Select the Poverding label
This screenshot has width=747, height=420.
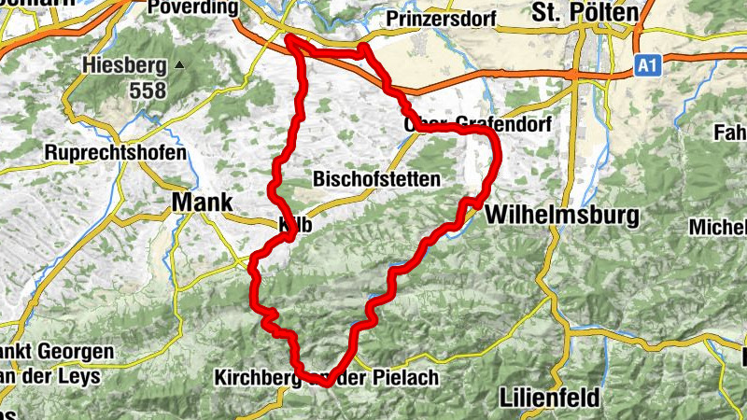193,8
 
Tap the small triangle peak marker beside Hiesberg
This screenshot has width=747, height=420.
179,65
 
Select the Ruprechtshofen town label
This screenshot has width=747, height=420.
116,152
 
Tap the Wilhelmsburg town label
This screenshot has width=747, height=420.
561,216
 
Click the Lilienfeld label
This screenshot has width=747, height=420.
549,397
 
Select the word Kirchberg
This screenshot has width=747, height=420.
255,378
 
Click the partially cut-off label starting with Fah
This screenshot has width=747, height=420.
728,133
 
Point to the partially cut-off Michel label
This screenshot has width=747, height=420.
718,227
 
